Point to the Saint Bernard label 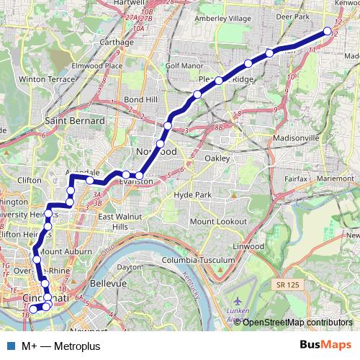pos(75,121)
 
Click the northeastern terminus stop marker pos(328,31)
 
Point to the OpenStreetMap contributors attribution pos(297,322)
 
